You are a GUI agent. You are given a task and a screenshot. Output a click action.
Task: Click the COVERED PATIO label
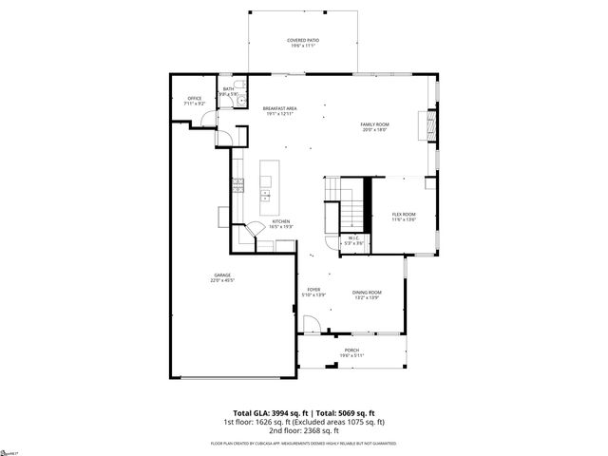tap(303, 40)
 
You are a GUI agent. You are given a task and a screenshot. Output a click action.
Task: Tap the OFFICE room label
tap(195, 98)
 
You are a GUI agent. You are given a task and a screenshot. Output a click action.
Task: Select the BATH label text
tap(228, 88)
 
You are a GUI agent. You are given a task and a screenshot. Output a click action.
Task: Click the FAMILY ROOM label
tap(375, 124)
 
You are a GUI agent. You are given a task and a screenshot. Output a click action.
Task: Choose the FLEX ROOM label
tap(405, 215)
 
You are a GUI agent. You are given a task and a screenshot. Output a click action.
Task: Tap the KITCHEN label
tap(280, 221)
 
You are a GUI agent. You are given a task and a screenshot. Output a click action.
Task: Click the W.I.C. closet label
tap(352, 238)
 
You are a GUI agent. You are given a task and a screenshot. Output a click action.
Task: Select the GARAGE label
tap(221, 275)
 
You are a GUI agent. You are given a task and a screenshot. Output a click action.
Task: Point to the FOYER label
tap(313, 289)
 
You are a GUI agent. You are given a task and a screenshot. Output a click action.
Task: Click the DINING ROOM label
tap(368, 292)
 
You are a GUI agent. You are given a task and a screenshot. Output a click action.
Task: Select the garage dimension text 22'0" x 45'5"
tap(221, 280)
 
